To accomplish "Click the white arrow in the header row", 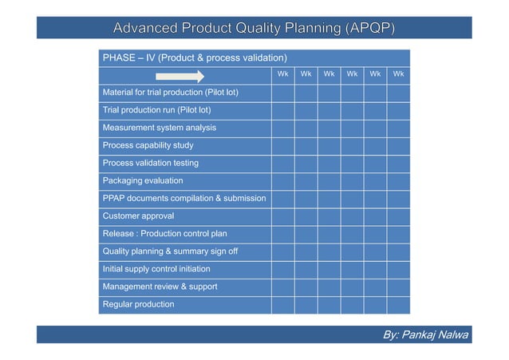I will [x=180, y=76].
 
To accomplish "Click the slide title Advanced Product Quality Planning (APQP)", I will [x=254, y=29].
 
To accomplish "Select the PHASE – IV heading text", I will [x=195, y=58].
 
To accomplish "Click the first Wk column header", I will [x=282, y=75].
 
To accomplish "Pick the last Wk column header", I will [x=398, y=75].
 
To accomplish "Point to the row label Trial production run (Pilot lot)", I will [x=156, y=110].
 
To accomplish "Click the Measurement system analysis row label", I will [x=159, y=128].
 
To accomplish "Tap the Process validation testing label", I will [x=150, y=163].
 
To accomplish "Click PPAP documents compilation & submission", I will [x=184, y=198].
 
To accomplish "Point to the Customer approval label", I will [x=138, y=216].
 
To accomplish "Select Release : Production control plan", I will [x=164, y=234].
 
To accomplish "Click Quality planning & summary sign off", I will [x=170, y=251].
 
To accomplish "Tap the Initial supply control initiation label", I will [x=156, y=269].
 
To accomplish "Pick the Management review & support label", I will [x=155, y=287].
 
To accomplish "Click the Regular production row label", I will [x=138, y=304].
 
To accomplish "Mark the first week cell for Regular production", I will [x=282, y=304].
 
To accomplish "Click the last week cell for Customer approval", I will [x=398, y=216].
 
